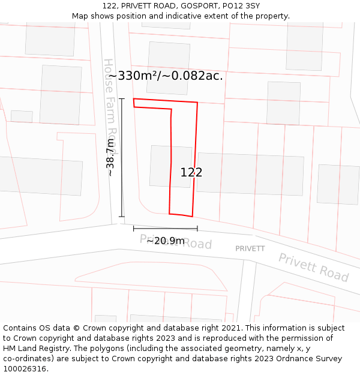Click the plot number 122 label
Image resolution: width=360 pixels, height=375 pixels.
pos(191,172)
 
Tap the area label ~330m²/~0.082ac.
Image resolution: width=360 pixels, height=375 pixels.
pos(165,76)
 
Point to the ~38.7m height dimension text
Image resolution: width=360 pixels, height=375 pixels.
pos(110,157)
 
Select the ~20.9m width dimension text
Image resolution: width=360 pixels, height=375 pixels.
pos(165,241)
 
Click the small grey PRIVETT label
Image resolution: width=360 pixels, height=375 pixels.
pos(250,248)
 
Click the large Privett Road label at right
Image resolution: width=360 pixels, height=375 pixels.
pos(313,268)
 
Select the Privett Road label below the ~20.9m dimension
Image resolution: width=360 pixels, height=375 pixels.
pos(176,242)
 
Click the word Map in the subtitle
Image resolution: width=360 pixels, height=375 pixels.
pos(80,16)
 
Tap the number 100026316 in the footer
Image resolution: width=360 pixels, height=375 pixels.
pos(24,369)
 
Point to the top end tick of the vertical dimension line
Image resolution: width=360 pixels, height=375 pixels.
pos(122,98)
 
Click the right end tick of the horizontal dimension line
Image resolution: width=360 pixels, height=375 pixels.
pos(197,228)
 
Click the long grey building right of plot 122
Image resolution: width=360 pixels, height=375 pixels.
pos(250,173)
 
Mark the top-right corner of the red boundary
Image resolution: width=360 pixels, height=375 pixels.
pos(197,103)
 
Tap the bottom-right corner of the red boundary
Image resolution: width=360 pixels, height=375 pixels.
pos(192,217)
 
